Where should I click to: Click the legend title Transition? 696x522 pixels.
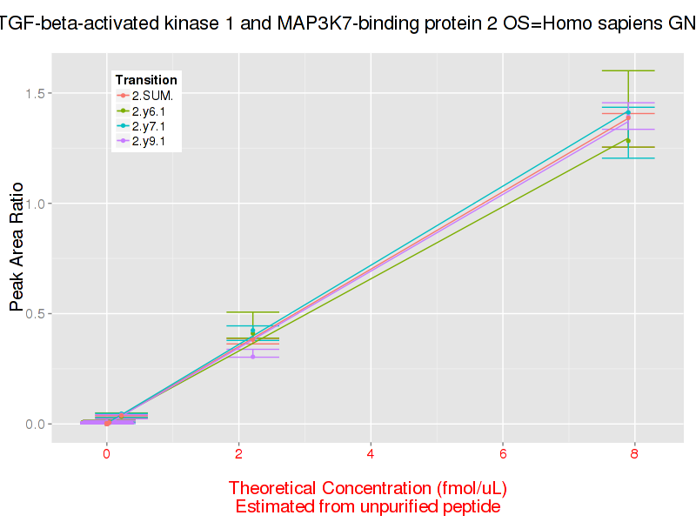(x=146, y=80)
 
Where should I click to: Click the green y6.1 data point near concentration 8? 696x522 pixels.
(x=627, y=140)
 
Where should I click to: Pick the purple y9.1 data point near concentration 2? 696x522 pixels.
(x=253, y=357)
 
